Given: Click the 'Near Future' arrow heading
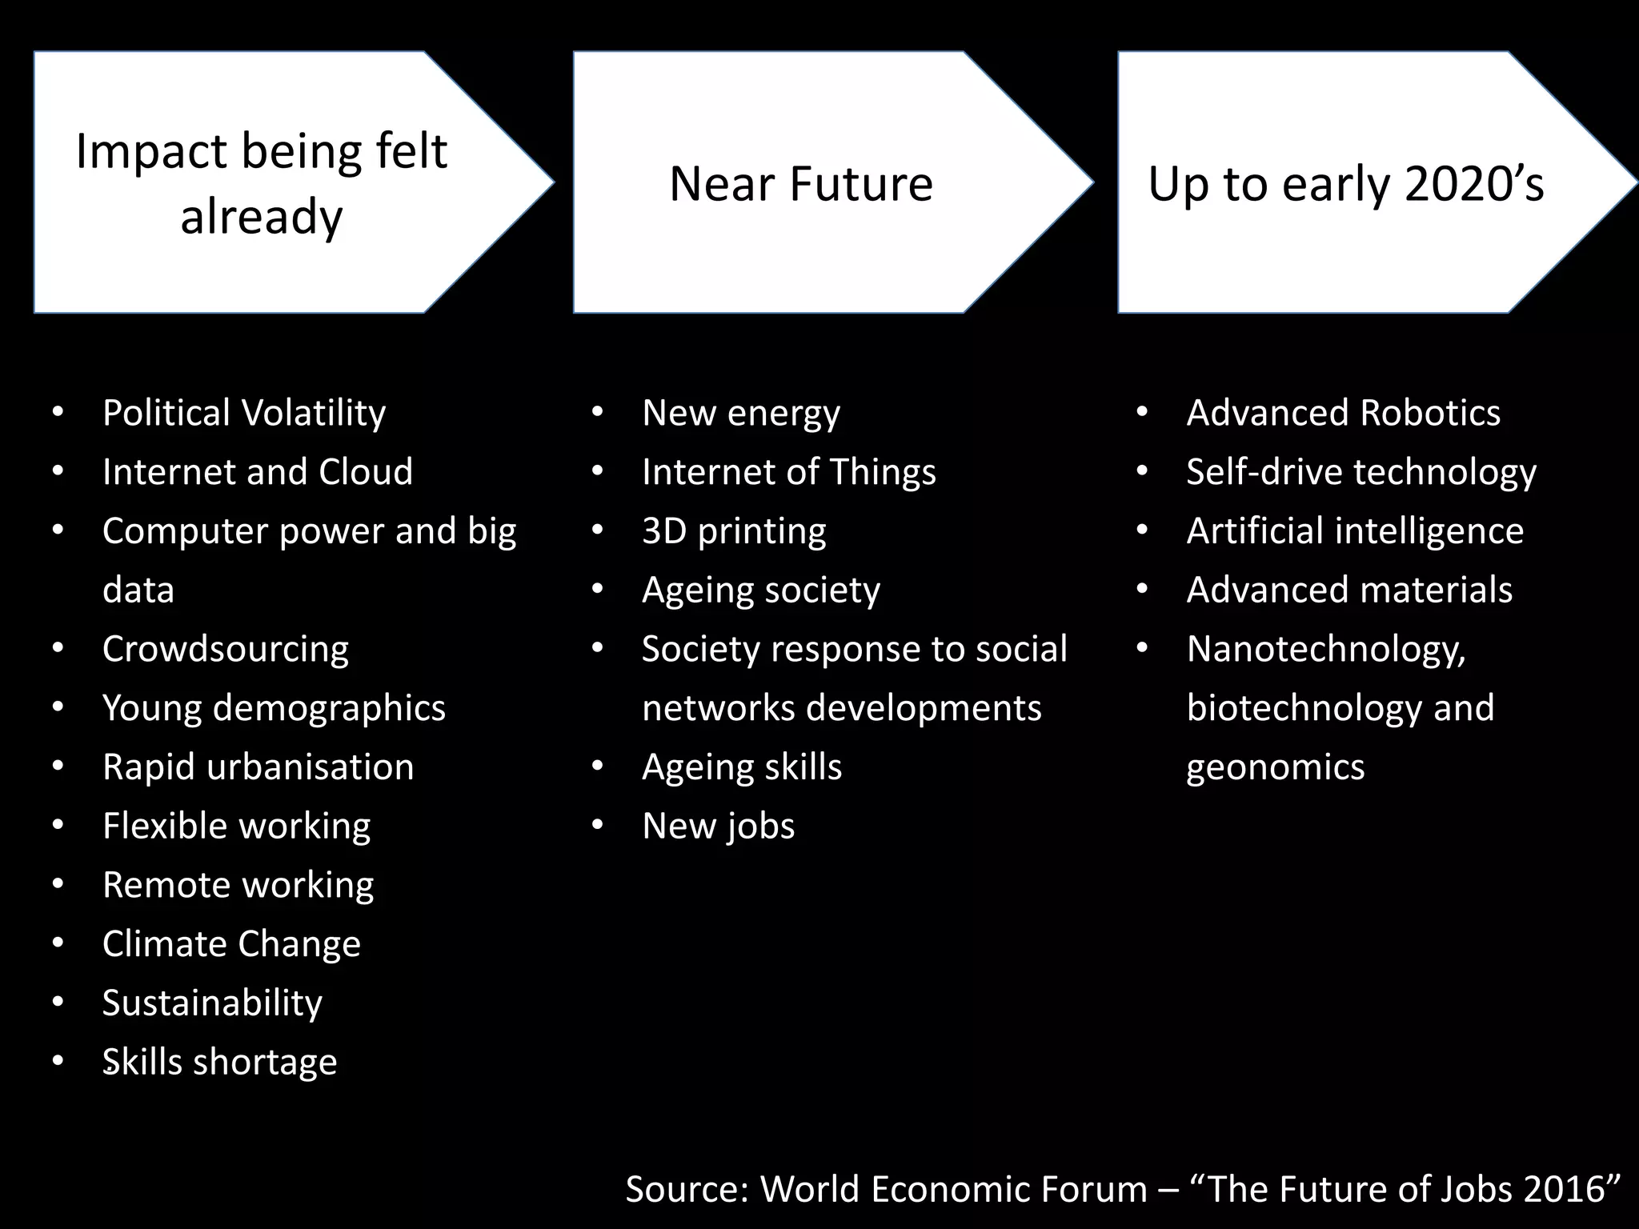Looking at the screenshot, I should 801,184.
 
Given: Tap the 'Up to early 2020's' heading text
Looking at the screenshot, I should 1345,184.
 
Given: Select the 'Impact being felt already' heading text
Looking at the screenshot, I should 262,183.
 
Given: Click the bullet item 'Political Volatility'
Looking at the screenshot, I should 244,413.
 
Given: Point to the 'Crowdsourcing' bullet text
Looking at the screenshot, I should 226,649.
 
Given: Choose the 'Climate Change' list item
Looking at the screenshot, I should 231,944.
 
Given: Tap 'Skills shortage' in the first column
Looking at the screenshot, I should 220,1062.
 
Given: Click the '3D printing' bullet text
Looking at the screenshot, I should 734,531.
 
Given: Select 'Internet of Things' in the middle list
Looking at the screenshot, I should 788,472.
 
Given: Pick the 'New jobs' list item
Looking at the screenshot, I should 718,826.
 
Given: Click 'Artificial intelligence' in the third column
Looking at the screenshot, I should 1355,531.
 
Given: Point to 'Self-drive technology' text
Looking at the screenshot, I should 1360,472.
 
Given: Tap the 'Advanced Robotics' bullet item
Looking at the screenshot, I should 1343,413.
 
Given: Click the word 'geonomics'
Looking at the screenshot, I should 1275,767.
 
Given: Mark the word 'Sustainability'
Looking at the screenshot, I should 212,1003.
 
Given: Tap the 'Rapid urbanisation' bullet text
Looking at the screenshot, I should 258,767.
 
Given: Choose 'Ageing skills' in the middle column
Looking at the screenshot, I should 742,767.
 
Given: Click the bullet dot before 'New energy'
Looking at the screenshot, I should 597,413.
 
